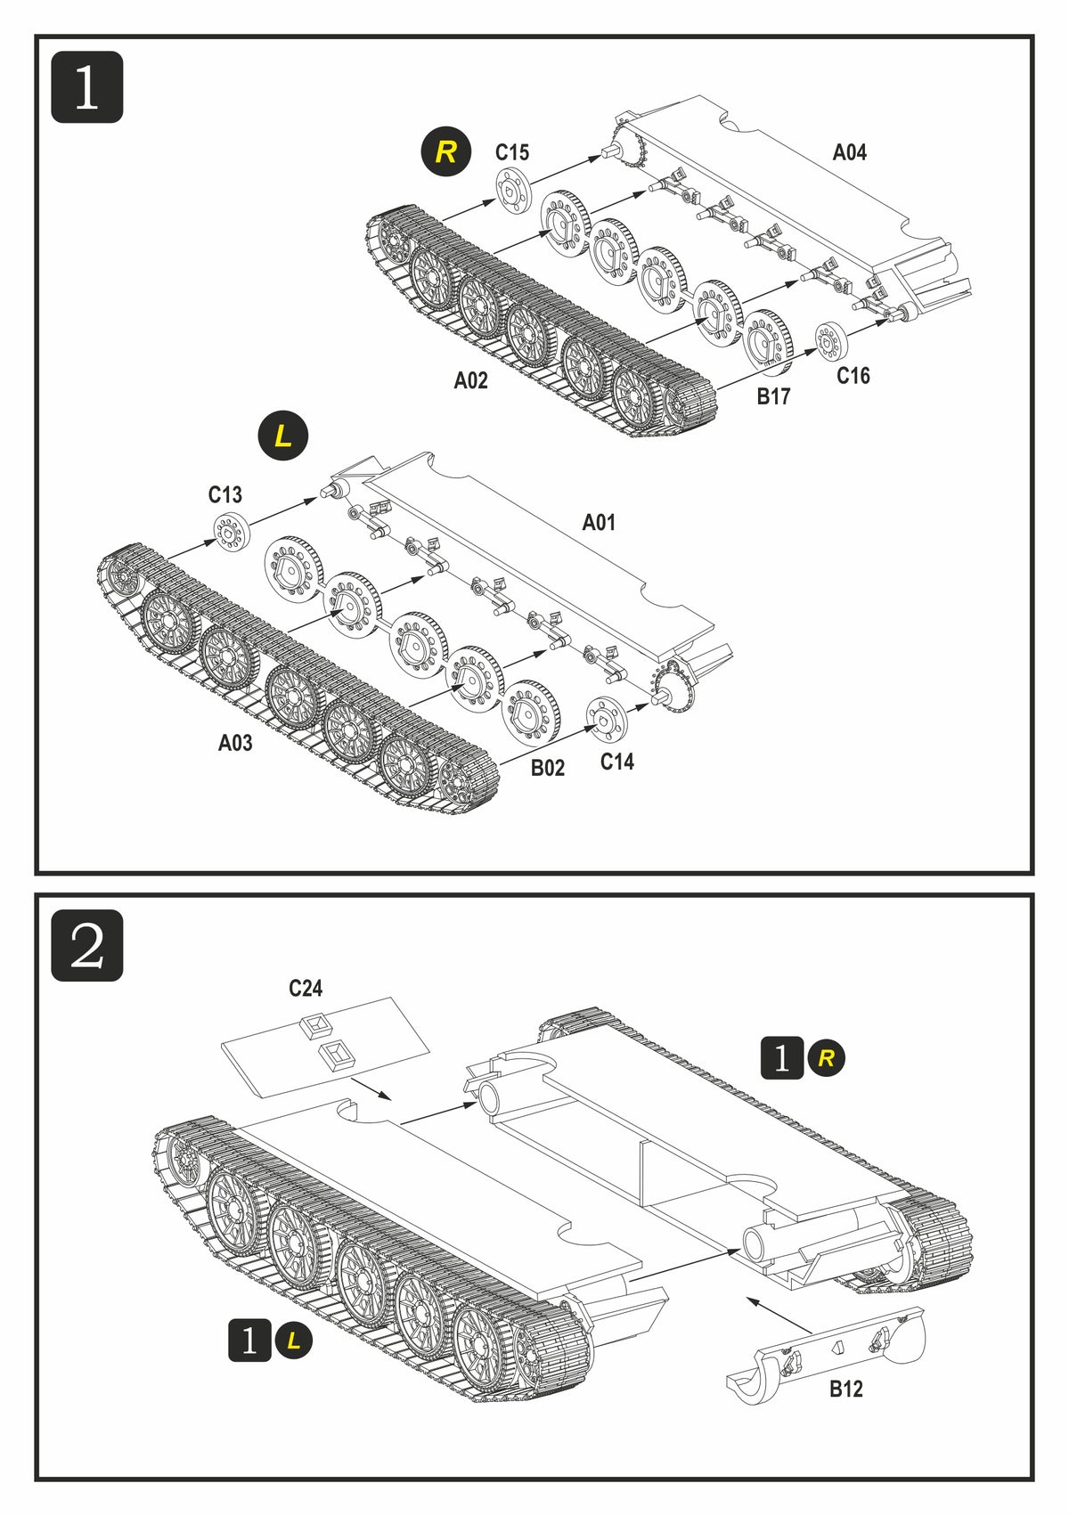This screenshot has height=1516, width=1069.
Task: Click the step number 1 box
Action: tap(86, 87)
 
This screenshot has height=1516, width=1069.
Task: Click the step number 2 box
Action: tap(86, 945)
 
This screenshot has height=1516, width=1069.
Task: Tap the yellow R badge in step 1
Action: tap(445, 151)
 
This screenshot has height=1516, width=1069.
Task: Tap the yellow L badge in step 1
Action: tap(282, 436)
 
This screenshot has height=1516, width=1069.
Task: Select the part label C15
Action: tap(512, 152)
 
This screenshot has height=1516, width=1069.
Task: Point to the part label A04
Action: tap(849, 152)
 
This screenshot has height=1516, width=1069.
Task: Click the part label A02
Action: tap(471, 380)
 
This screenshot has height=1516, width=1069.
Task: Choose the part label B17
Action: tap(773, 396)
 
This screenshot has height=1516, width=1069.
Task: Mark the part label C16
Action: tap(853, 376)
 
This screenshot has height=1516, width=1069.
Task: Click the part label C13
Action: tap(225, 494)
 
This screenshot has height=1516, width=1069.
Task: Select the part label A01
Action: tap(599, 522)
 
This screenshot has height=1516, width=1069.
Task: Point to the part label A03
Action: tap(235, 742)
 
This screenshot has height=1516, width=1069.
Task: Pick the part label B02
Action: tap(548, 768)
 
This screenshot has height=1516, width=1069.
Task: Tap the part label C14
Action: tap(616, 762)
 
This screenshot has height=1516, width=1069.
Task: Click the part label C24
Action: tap(306, 988)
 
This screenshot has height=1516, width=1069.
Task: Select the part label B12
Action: tap(845, 1389)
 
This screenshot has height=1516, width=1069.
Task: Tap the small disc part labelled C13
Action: tap(231, 532)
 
